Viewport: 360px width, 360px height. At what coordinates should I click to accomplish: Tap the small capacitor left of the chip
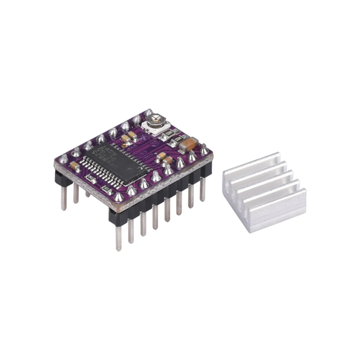coord(75,165)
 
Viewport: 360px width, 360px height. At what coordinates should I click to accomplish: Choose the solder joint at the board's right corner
coord(204,149)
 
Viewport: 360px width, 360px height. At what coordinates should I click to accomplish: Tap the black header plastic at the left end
coord(60,178)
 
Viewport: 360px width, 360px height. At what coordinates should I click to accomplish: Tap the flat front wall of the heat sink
coord(277,209)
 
